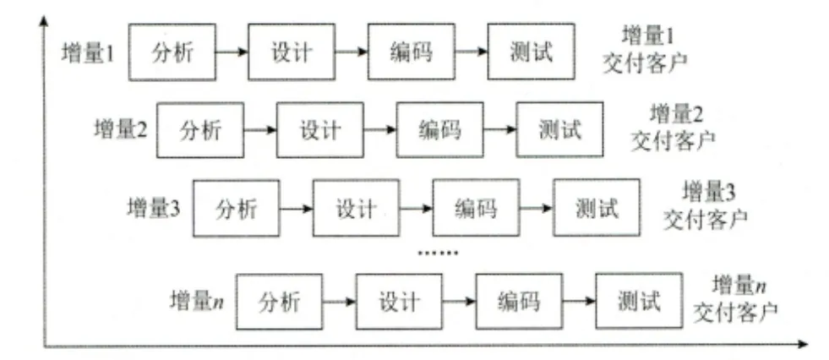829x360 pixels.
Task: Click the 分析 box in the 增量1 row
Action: [172, 52]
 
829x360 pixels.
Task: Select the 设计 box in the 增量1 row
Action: [292, 52]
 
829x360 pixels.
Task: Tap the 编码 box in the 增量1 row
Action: [412, 52]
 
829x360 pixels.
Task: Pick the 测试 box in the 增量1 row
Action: [532, 52]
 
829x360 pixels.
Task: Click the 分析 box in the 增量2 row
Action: [200, 130]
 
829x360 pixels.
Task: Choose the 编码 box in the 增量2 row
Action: [440, 130]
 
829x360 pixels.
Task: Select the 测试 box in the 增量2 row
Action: [560, 130]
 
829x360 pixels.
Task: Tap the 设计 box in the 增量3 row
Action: [356, 207]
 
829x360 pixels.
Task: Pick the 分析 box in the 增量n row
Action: [279, 300]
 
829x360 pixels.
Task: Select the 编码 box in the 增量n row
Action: [519, 300]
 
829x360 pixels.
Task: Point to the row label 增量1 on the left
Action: [89, 52]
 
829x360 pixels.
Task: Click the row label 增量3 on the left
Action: [155, 207]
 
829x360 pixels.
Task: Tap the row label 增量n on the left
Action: [197, 300]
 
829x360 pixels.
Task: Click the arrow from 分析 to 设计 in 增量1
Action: [232, 52]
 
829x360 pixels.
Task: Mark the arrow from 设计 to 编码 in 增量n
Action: [458, 300]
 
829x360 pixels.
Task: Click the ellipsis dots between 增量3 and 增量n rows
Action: [439, 253]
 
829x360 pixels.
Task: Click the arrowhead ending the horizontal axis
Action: [802, 343]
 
